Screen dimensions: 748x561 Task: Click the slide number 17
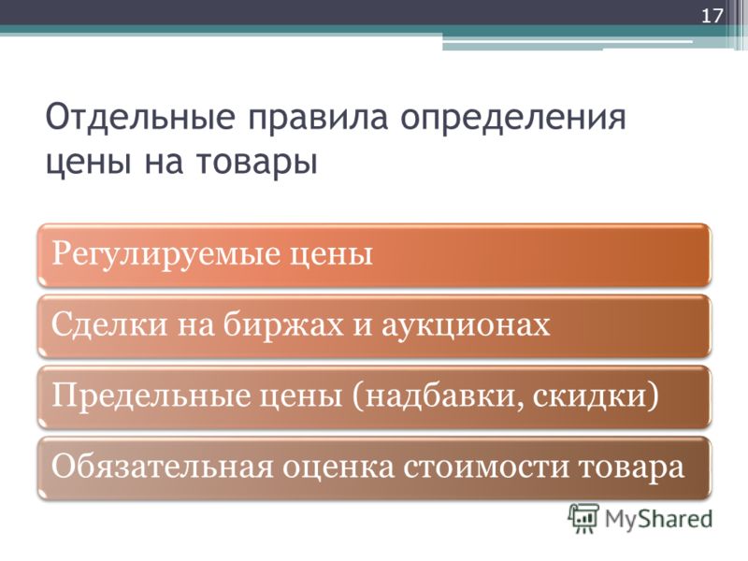pos(712,16)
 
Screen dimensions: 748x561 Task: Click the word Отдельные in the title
pos(140,118)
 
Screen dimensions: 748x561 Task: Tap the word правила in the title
pos(318,119)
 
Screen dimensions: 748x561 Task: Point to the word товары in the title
pos(256,163)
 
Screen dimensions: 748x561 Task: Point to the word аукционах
pos(466,326)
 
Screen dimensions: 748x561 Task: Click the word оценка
pos(338,467)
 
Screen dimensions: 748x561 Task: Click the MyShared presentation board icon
pos(583,519)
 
